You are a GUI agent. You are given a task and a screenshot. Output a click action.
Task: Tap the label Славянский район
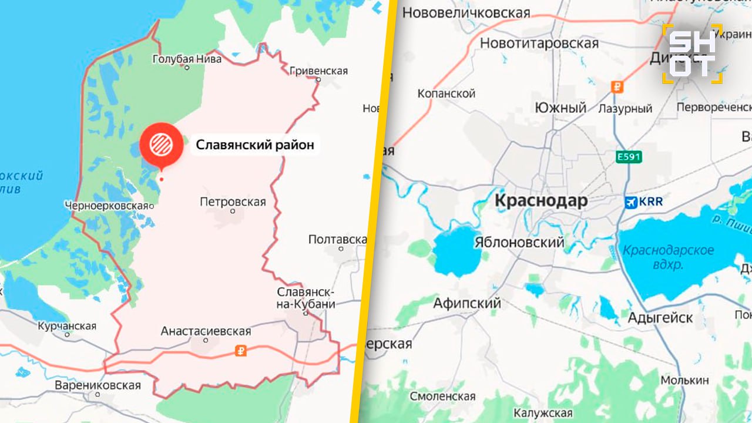(254, 145)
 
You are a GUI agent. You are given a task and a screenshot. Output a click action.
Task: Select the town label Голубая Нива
(187, 59)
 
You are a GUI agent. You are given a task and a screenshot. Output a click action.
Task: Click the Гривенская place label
(318, 71)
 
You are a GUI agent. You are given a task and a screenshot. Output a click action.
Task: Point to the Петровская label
(233, 202)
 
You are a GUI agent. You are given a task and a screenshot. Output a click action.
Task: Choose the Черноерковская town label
(106, 206)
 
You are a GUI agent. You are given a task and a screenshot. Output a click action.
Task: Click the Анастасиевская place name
(206, 332)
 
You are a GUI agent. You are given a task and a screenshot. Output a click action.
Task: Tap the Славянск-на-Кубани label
(306, 298)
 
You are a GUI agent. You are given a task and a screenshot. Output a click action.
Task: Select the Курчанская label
(66, 326)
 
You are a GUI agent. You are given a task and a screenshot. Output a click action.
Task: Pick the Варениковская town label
(98, 385)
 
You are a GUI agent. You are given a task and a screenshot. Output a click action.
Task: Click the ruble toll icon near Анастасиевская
(240, 351)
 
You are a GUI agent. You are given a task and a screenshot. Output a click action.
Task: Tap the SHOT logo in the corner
(693, 53)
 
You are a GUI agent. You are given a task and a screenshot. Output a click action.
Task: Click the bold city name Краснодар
(540, 201)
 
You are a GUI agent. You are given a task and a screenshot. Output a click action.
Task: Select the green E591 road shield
(629, 157)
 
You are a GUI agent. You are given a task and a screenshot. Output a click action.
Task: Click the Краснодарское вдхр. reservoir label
(668, 257)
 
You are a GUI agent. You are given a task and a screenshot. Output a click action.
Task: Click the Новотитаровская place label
(539, 43)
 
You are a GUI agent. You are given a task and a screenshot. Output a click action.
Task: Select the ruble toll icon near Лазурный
(617, 87)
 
